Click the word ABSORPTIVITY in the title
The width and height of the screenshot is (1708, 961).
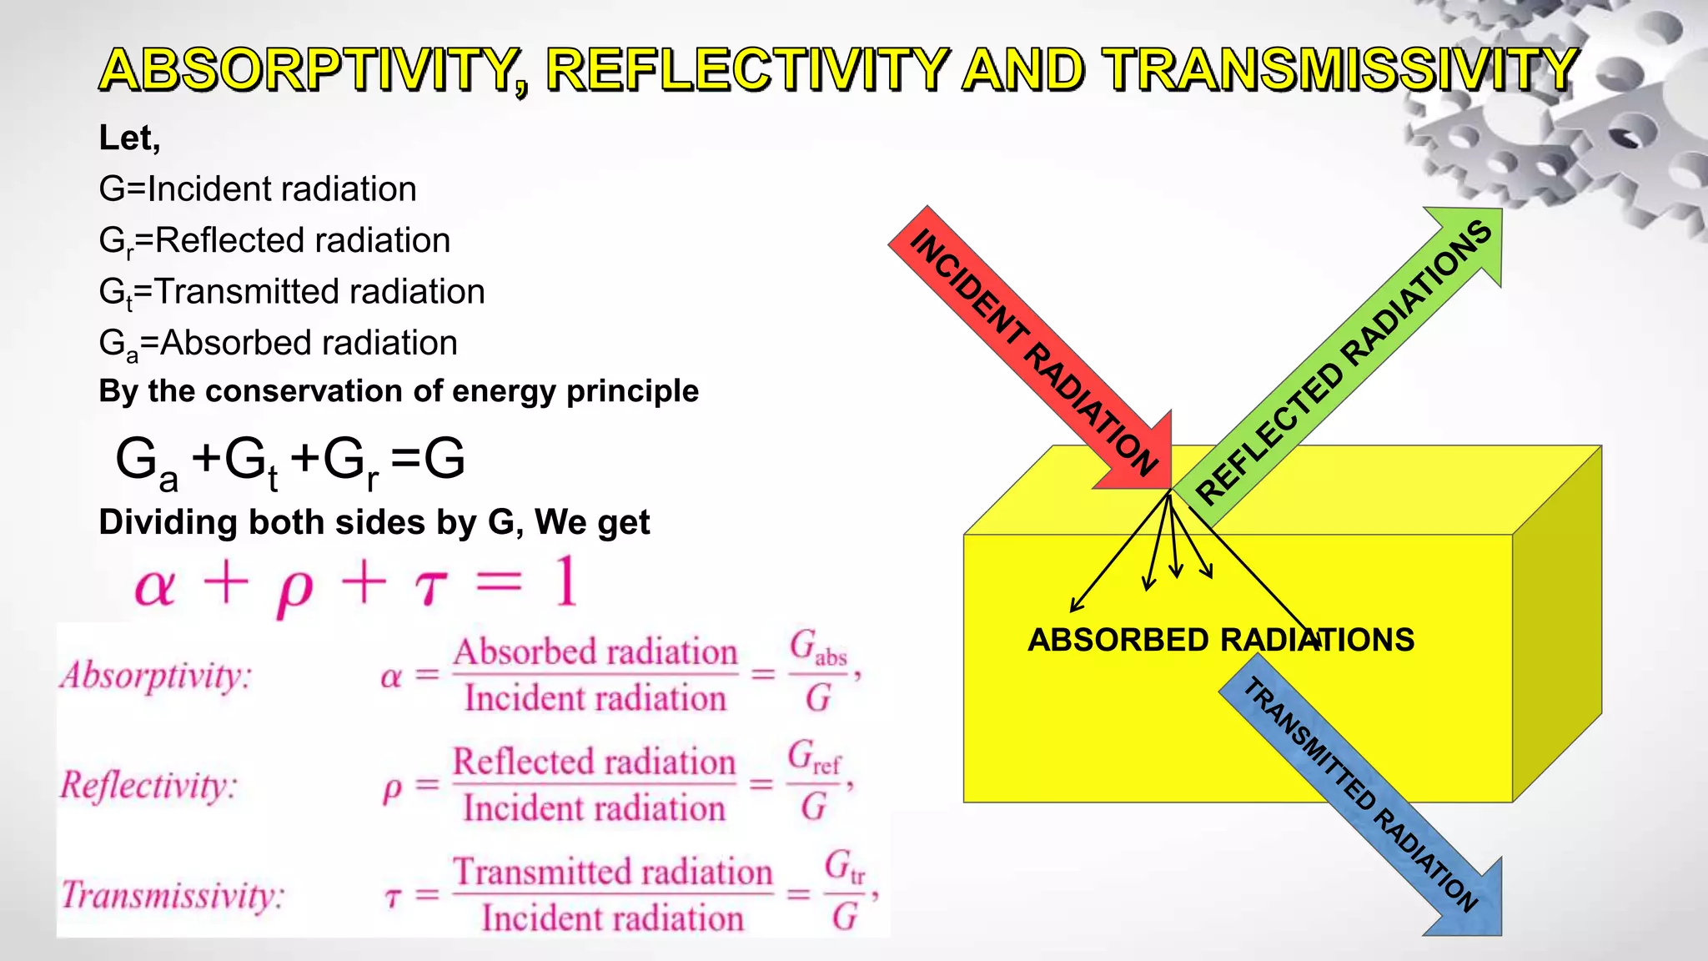[309, 70]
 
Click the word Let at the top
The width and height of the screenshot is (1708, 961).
[125, 138]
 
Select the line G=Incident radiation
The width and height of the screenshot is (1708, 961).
[257, 189]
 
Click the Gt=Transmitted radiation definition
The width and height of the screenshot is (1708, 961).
[291, 293]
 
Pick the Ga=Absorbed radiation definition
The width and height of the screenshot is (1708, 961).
[277, 344]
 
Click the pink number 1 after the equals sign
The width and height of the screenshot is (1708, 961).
[565, 582]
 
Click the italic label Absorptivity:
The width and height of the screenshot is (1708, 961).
[155, 676]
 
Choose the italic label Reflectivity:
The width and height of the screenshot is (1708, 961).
[148, 786]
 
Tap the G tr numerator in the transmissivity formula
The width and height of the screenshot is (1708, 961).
[845, 868]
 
